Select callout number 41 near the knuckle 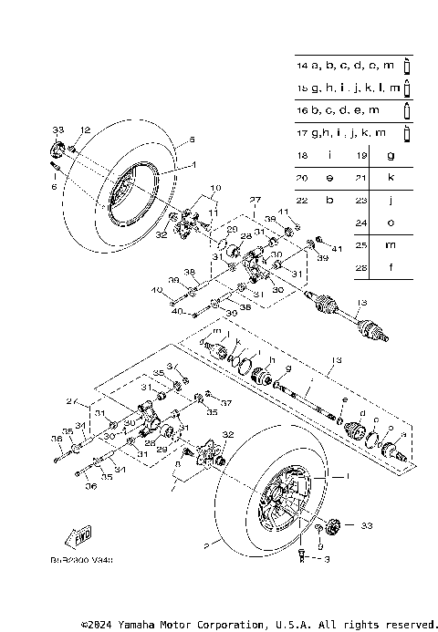(x=337, y=249)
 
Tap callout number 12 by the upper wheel (x=85, y=130)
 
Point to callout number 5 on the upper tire (x=192, y=140)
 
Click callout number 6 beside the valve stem (x=54, y=186)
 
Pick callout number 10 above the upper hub (x=215, y=188)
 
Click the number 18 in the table (x=303, y=156)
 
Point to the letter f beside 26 (x=390, y=267)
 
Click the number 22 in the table (x=303, y=199)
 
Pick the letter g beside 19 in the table (x=390, y=156)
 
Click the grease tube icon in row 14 (x=407, y=67)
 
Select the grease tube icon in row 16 (x=407, y=110)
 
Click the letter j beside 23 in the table (x=390, y=199)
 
